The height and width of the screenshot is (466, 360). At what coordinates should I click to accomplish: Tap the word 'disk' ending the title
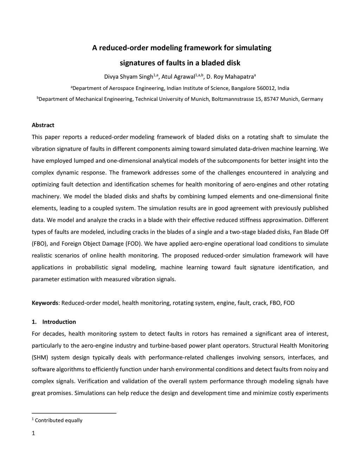pyautogui.click(x=233, y=63)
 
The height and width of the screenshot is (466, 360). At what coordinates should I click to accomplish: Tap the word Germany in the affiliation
pyautogui.click(x=312, y=99)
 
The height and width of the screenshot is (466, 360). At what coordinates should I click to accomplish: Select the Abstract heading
pyautogui.click(x=43, y=125)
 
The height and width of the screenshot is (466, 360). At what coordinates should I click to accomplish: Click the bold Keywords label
pyautogui.click(x=45, y=303)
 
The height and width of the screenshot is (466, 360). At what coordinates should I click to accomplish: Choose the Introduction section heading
pyautogui.click(x=59, y=322)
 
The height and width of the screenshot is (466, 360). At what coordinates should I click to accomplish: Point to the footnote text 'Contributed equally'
pyautogui.click(x=58, y=420)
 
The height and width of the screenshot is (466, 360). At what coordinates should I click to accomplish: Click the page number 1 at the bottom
pyautogui.click(x=33, y=433)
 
